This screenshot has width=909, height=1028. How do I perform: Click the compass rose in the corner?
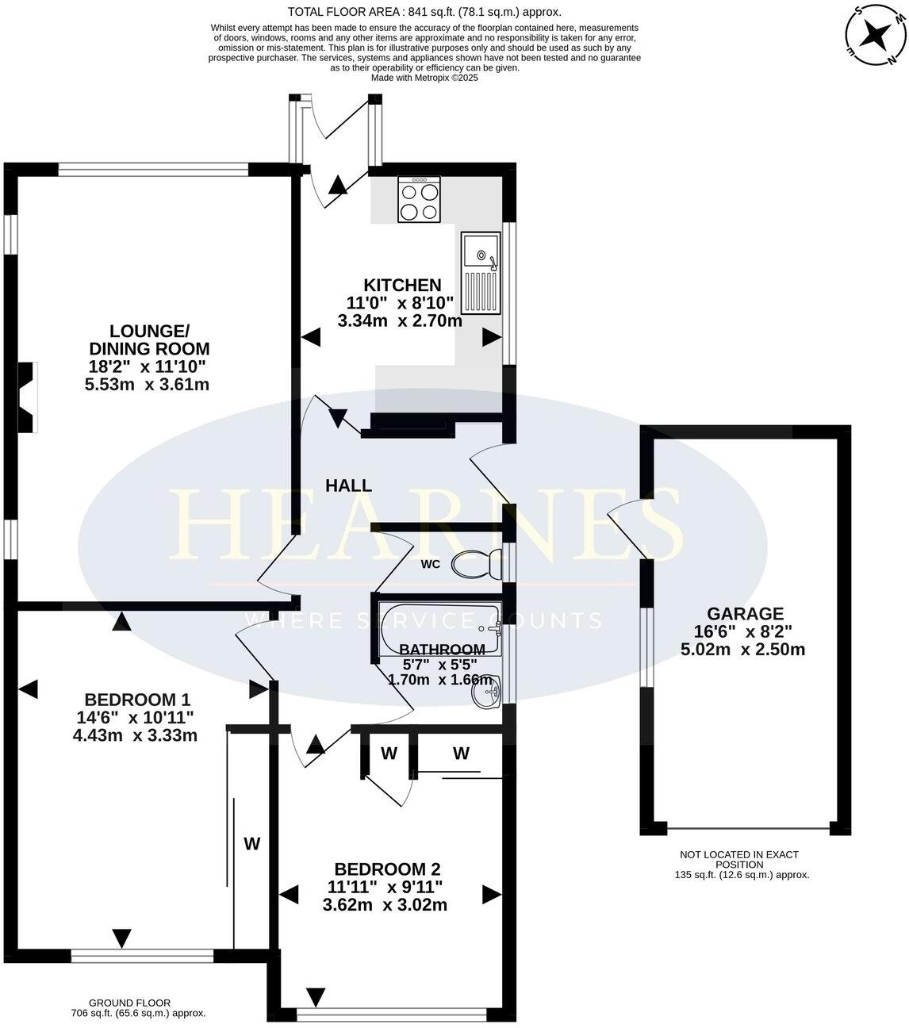pyautogui.click(x=876, y=35)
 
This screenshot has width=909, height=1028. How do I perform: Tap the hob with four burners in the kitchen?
pyautogui.click(x=420, y=201)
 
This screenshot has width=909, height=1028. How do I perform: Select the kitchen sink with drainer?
pyautogui.click(x=481, y=273)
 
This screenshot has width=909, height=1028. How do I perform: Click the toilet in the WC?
pyautogui.click(x=476, y=565)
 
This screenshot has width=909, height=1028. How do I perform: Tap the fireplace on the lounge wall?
pyautogui.click(x=28, y=397)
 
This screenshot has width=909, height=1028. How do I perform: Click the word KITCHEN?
pyautogui.click(x=402, y=285)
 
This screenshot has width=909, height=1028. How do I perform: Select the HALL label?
pyautogui.click(x=348, y=486)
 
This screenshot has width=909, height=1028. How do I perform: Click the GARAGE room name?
pyautogui.click(x=745, y=613)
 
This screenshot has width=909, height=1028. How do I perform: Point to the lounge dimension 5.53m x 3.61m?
pyautogui.click(x=147, y=385)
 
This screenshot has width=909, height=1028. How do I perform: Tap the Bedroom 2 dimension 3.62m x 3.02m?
pyautogui.click(x=385, y=904)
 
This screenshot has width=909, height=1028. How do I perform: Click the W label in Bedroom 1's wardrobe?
pyautogui.click(x=251, y=843)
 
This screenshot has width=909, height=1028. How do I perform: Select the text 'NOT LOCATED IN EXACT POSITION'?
pyautogui.click(x=738, y=860)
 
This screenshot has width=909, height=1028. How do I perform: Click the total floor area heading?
pyautogui.click(x=424, y=11)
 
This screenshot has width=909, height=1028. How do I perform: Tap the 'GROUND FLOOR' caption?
pyautogui.click(x=129, y=1003)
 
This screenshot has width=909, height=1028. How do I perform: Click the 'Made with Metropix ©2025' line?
pyautogui.click(x=424, y=78)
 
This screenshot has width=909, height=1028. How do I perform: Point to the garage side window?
pyautogui.click(x=647, y=646)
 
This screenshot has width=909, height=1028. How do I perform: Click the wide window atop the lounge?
pyautogui.click(x=153, y=169)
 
